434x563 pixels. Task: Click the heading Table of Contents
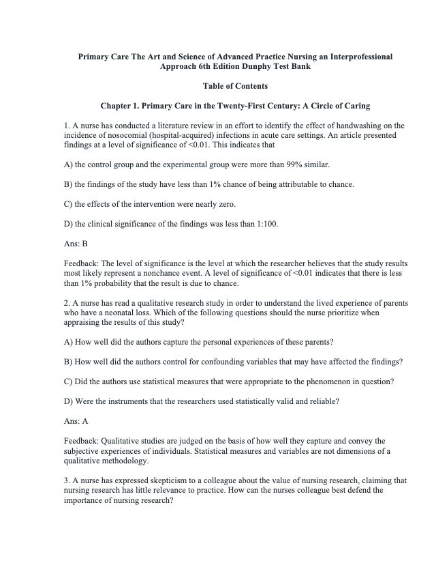point(235,86)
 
